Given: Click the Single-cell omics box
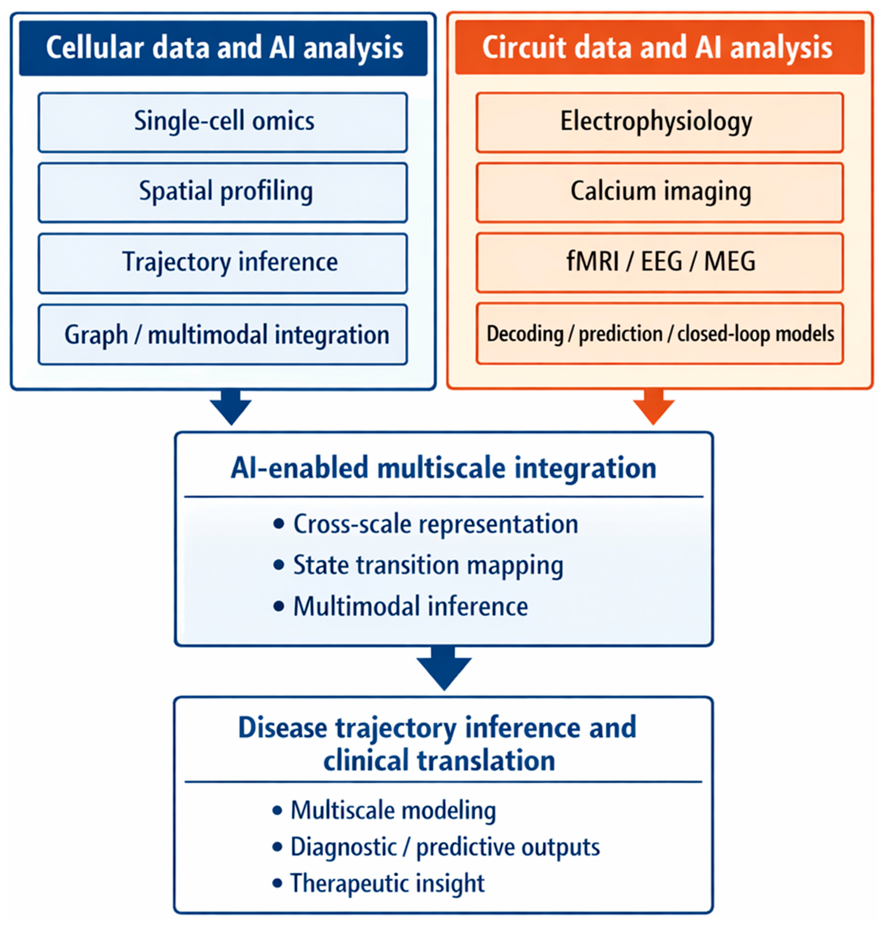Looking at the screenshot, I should click(x=223, y=122).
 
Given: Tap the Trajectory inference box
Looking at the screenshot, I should click(x=223, y=263).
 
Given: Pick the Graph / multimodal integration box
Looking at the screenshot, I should click(x=223, y=335).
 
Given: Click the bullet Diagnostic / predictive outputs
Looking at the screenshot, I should click(x=445, y=847).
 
